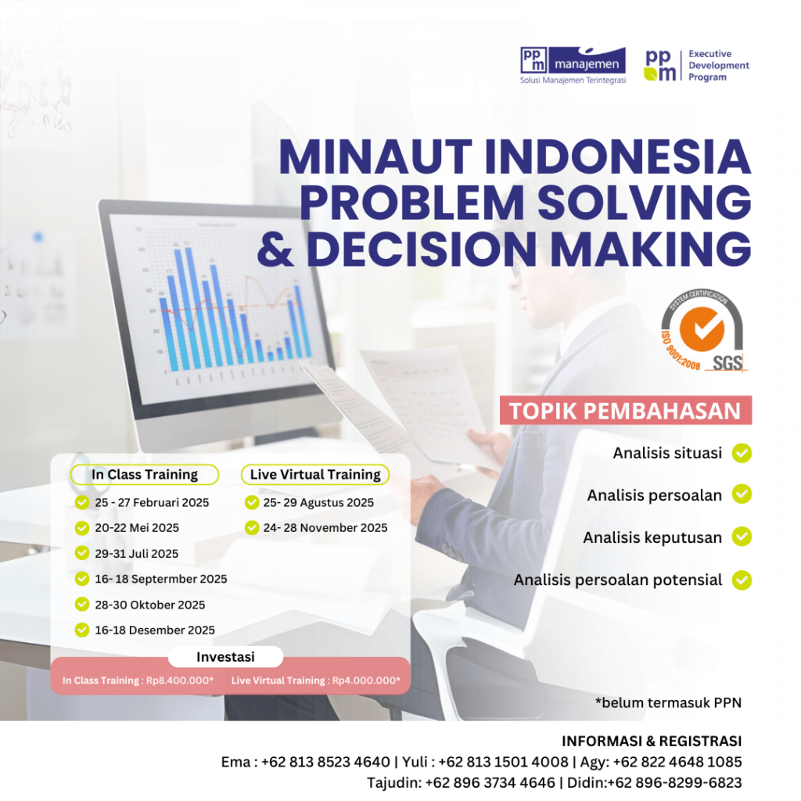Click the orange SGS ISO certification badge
[x=702, y=332]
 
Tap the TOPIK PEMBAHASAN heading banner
[x=625, y=411]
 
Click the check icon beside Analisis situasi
[x=742, y=453]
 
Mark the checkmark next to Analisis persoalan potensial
[x=742, y=580]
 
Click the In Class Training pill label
[x=145, y=474]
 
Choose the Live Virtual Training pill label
[x=315, y=474]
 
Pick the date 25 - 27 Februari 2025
[x=152, y=502]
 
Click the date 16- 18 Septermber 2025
[x=161, y=579]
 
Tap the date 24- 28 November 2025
[x=325, y=528]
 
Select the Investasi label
[x=225, y=657]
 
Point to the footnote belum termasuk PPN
[x=668, y=702]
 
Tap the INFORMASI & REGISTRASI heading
[x=652, y=741]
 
